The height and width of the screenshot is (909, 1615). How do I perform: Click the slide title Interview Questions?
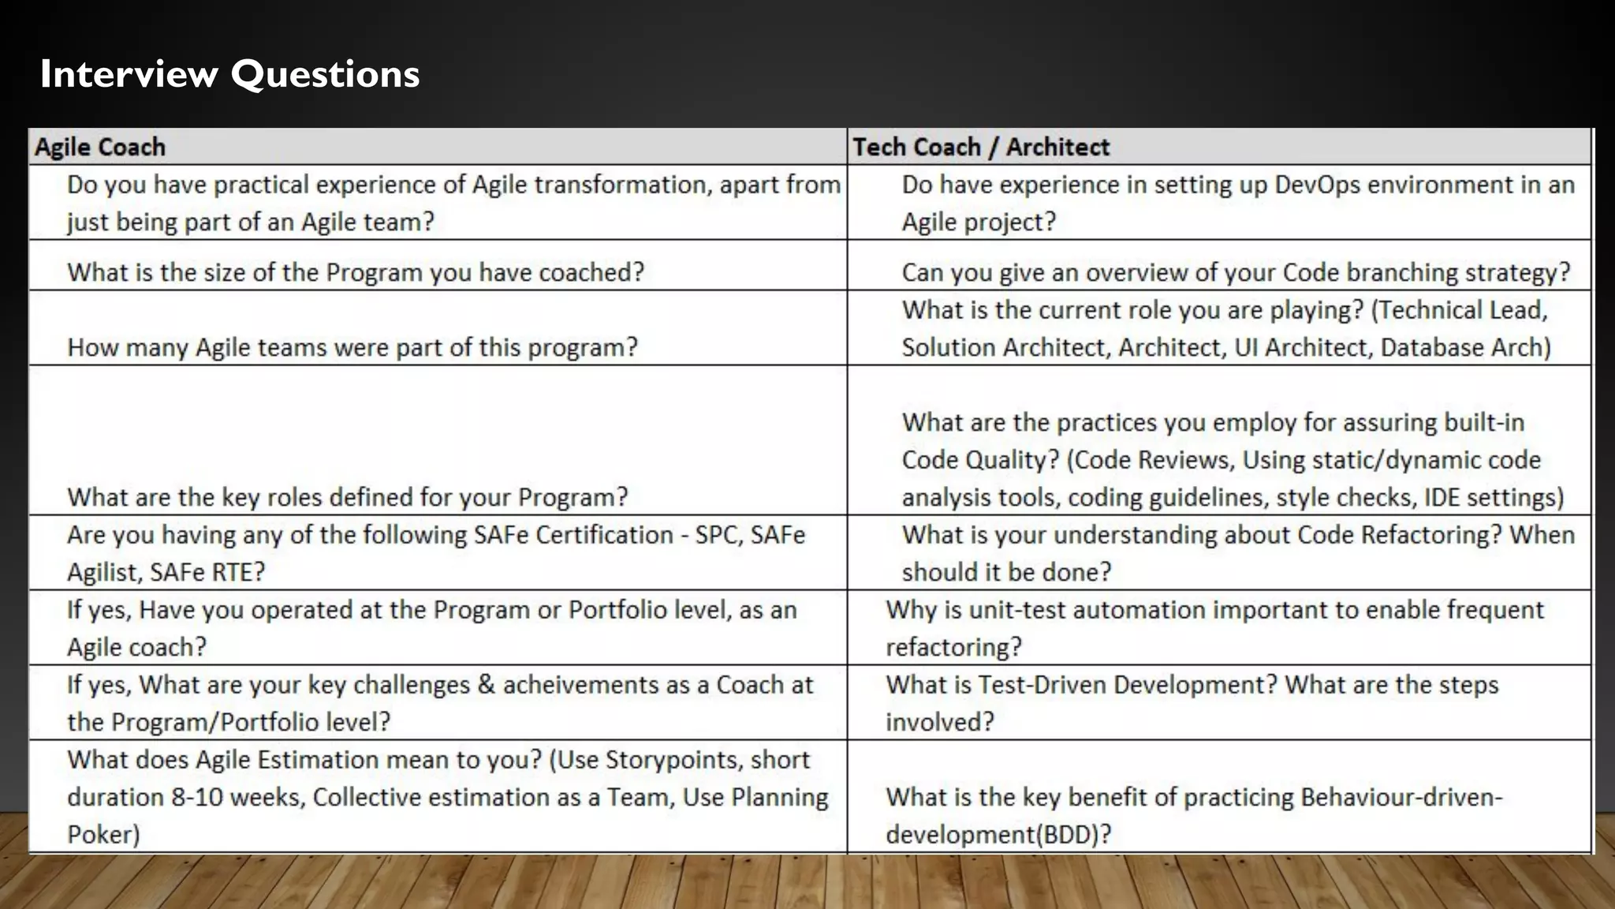point(229,74)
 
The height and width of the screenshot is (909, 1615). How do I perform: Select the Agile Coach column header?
point(100,147)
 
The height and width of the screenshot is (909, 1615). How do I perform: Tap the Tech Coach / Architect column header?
point(981,147)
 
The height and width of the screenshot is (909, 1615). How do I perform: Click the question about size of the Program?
point(356,272)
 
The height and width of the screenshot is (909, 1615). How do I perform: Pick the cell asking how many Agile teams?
point(352,347)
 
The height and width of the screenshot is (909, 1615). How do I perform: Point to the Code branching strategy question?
point(1236,272)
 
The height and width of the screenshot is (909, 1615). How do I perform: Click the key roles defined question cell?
point(348,497)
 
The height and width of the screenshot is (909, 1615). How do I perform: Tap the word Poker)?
point(103,835)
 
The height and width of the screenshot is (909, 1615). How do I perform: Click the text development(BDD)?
point(998,835)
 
